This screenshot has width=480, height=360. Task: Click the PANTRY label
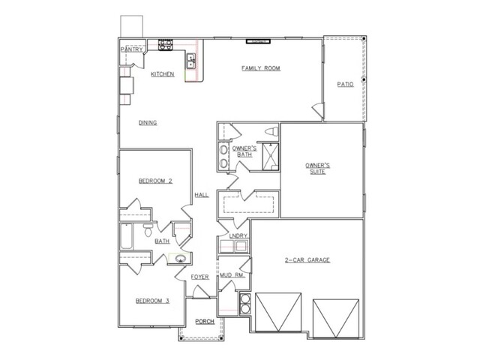coord(132,49)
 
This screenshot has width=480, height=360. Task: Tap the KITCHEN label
coord(163,74)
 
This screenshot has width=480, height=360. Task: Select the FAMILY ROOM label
coord(261,68)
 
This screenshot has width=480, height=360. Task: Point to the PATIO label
coord(345,84)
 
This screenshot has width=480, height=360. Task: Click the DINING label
coord(148,123)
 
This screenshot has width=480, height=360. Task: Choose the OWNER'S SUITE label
coord(317,169)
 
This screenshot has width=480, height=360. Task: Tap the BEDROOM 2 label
coord(155,181)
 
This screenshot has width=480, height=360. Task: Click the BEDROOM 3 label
coord(152,301)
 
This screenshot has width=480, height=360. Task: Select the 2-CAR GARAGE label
coord(307,260)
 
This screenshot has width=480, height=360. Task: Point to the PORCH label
coord(205,322)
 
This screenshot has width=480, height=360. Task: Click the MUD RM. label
coord(232,275)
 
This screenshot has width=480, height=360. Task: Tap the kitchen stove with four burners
coord(165,45)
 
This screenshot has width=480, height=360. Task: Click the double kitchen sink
coord(190,61)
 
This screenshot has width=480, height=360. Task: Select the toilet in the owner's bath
coord(271,132)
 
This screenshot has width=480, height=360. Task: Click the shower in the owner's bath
coord(271,157)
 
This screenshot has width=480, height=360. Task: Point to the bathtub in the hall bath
coord(127,237)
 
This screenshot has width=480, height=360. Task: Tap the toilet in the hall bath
coord(148,230)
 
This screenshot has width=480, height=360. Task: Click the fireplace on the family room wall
coord(258,41)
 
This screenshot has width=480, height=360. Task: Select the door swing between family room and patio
coord(318,109)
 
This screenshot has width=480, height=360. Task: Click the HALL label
coord(202,195)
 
